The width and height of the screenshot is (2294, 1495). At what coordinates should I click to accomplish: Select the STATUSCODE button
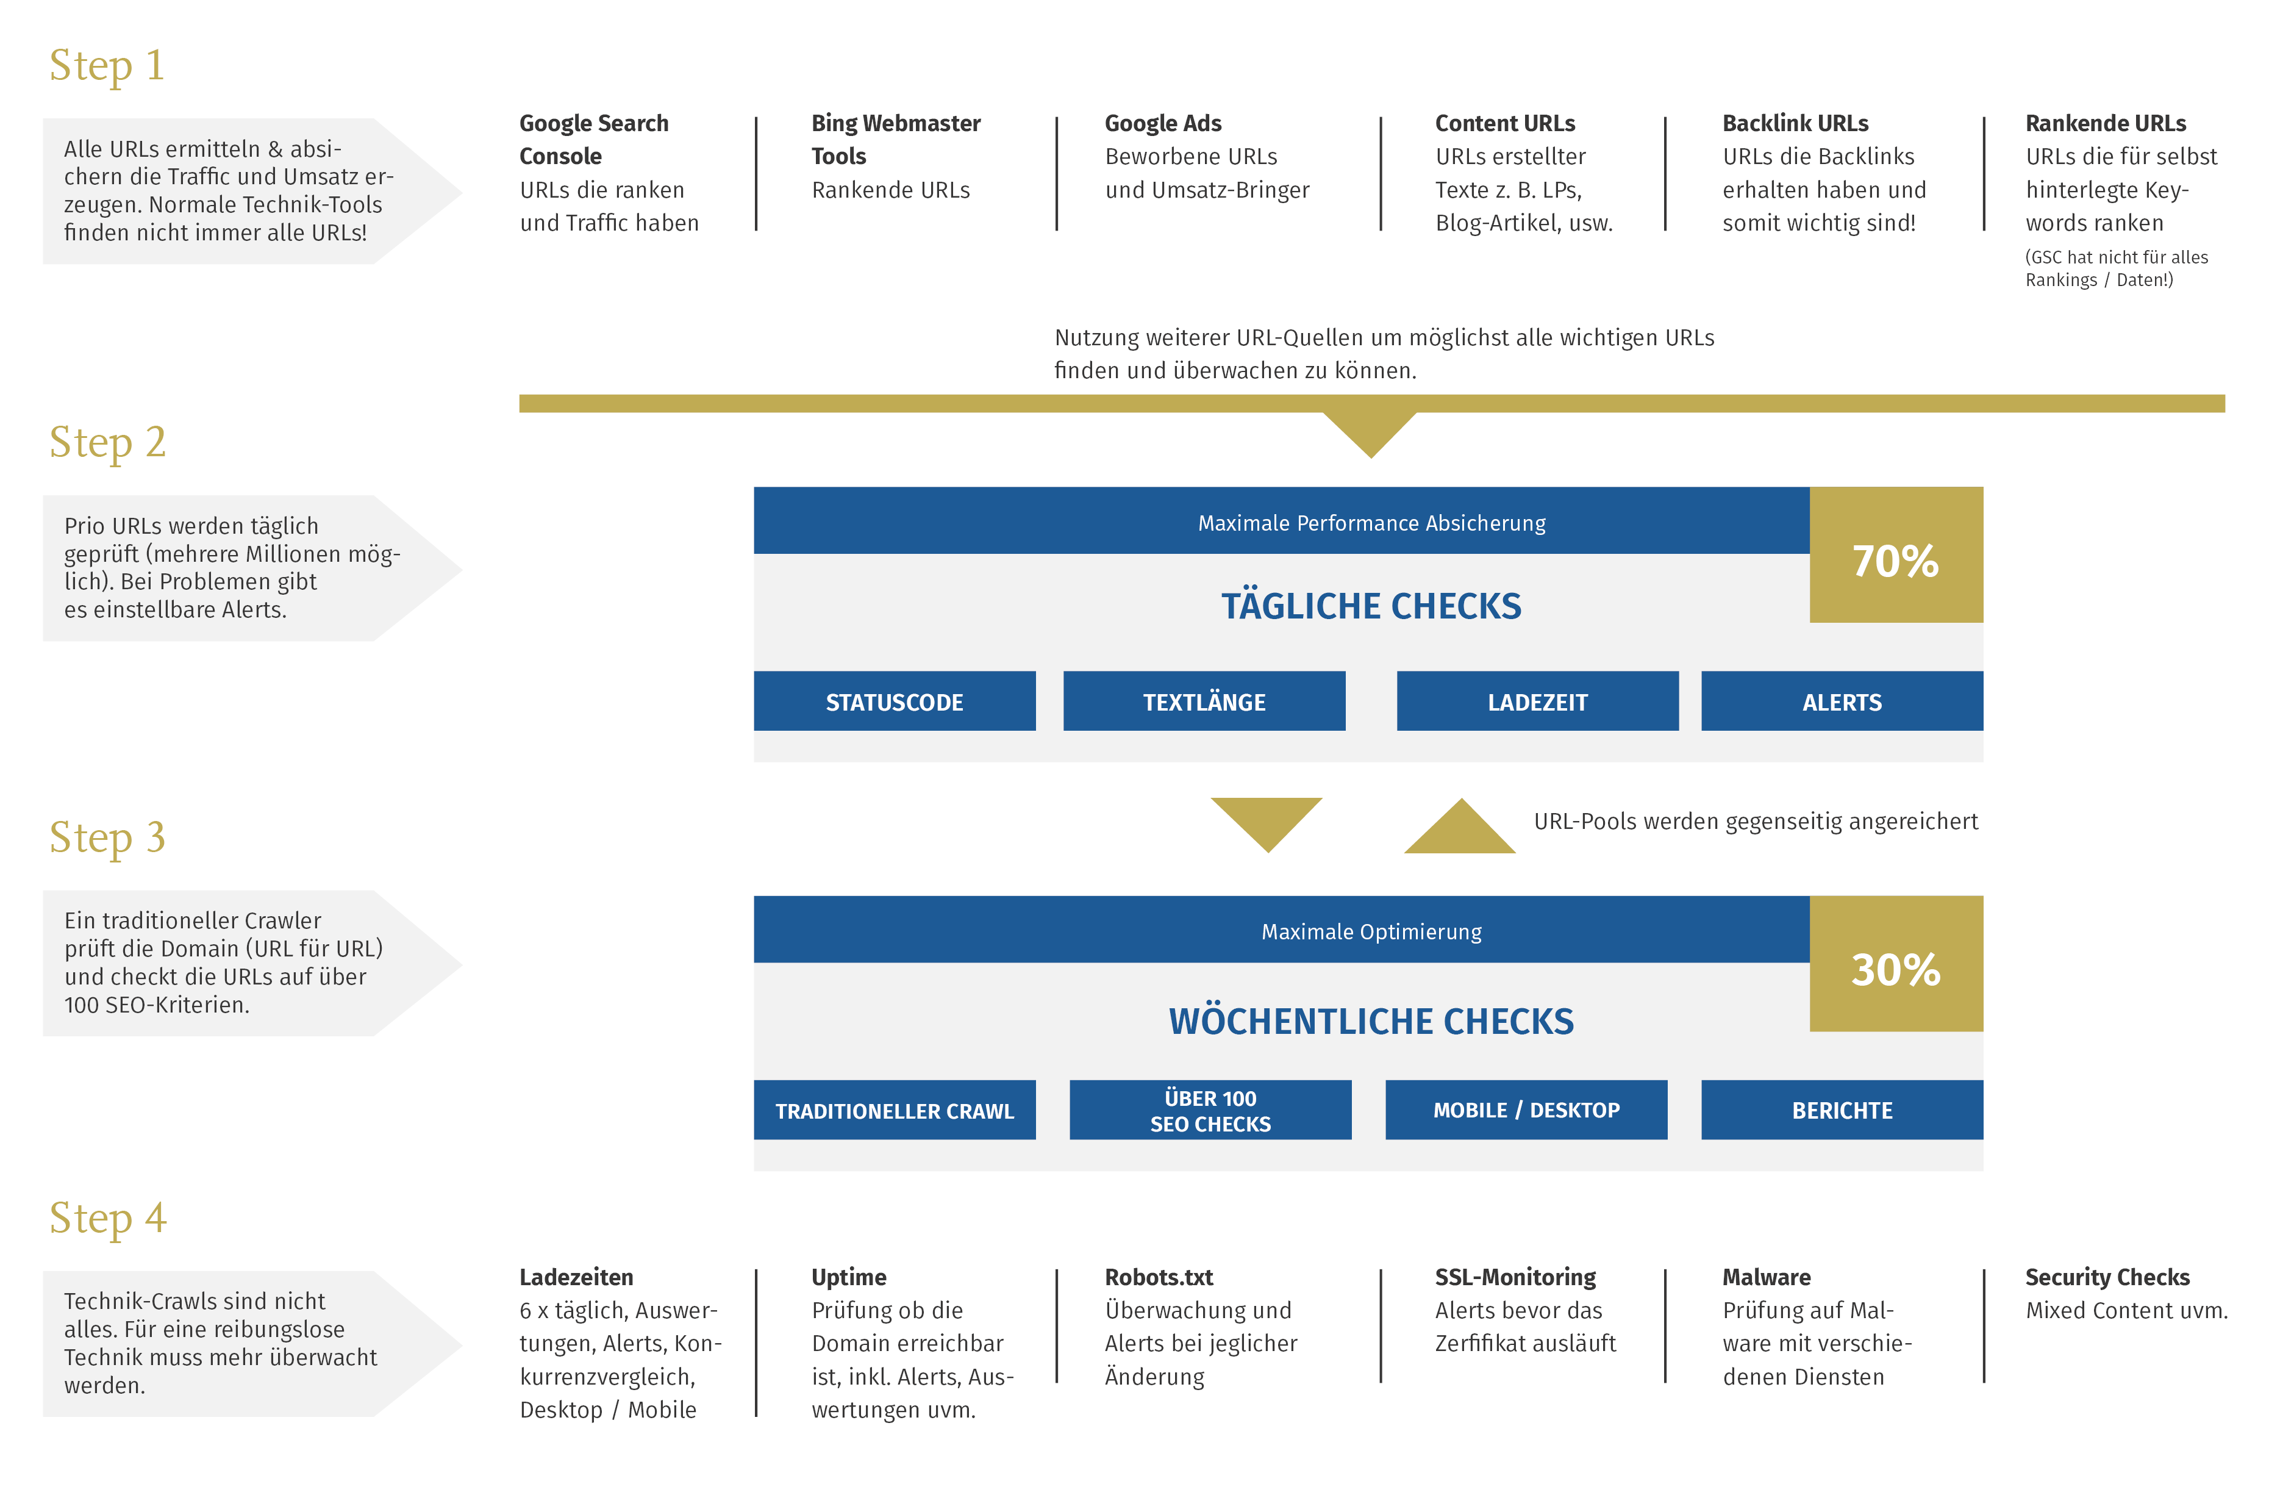coord(895,701)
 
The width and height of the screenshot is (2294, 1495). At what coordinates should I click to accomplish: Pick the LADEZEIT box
coord(1537,701)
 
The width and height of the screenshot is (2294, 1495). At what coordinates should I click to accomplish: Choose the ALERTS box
coord(1842,701)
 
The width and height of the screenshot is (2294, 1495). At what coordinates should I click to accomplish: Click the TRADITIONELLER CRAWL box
coord(895,1110)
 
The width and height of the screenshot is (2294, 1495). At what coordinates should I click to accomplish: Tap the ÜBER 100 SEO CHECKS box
coord(1210,1110)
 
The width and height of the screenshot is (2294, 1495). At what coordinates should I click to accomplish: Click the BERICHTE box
coord(1842,1110)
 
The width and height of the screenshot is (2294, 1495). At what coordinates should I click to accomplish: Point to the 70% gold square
coord(1896,555)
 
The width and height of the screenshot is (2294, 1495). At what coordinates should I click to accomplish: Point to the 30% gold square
coord(1896,964)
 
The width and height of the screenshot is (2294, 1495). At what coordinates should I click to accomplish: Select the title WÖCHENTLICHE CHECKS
coord(1371,1022)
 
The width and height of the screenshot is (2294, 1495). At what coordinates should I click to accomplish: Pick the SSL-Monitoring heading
coord(1515,1277)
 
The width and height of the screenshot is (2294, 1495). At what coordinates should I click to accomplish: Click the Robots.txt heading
coord(1159,1277)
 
